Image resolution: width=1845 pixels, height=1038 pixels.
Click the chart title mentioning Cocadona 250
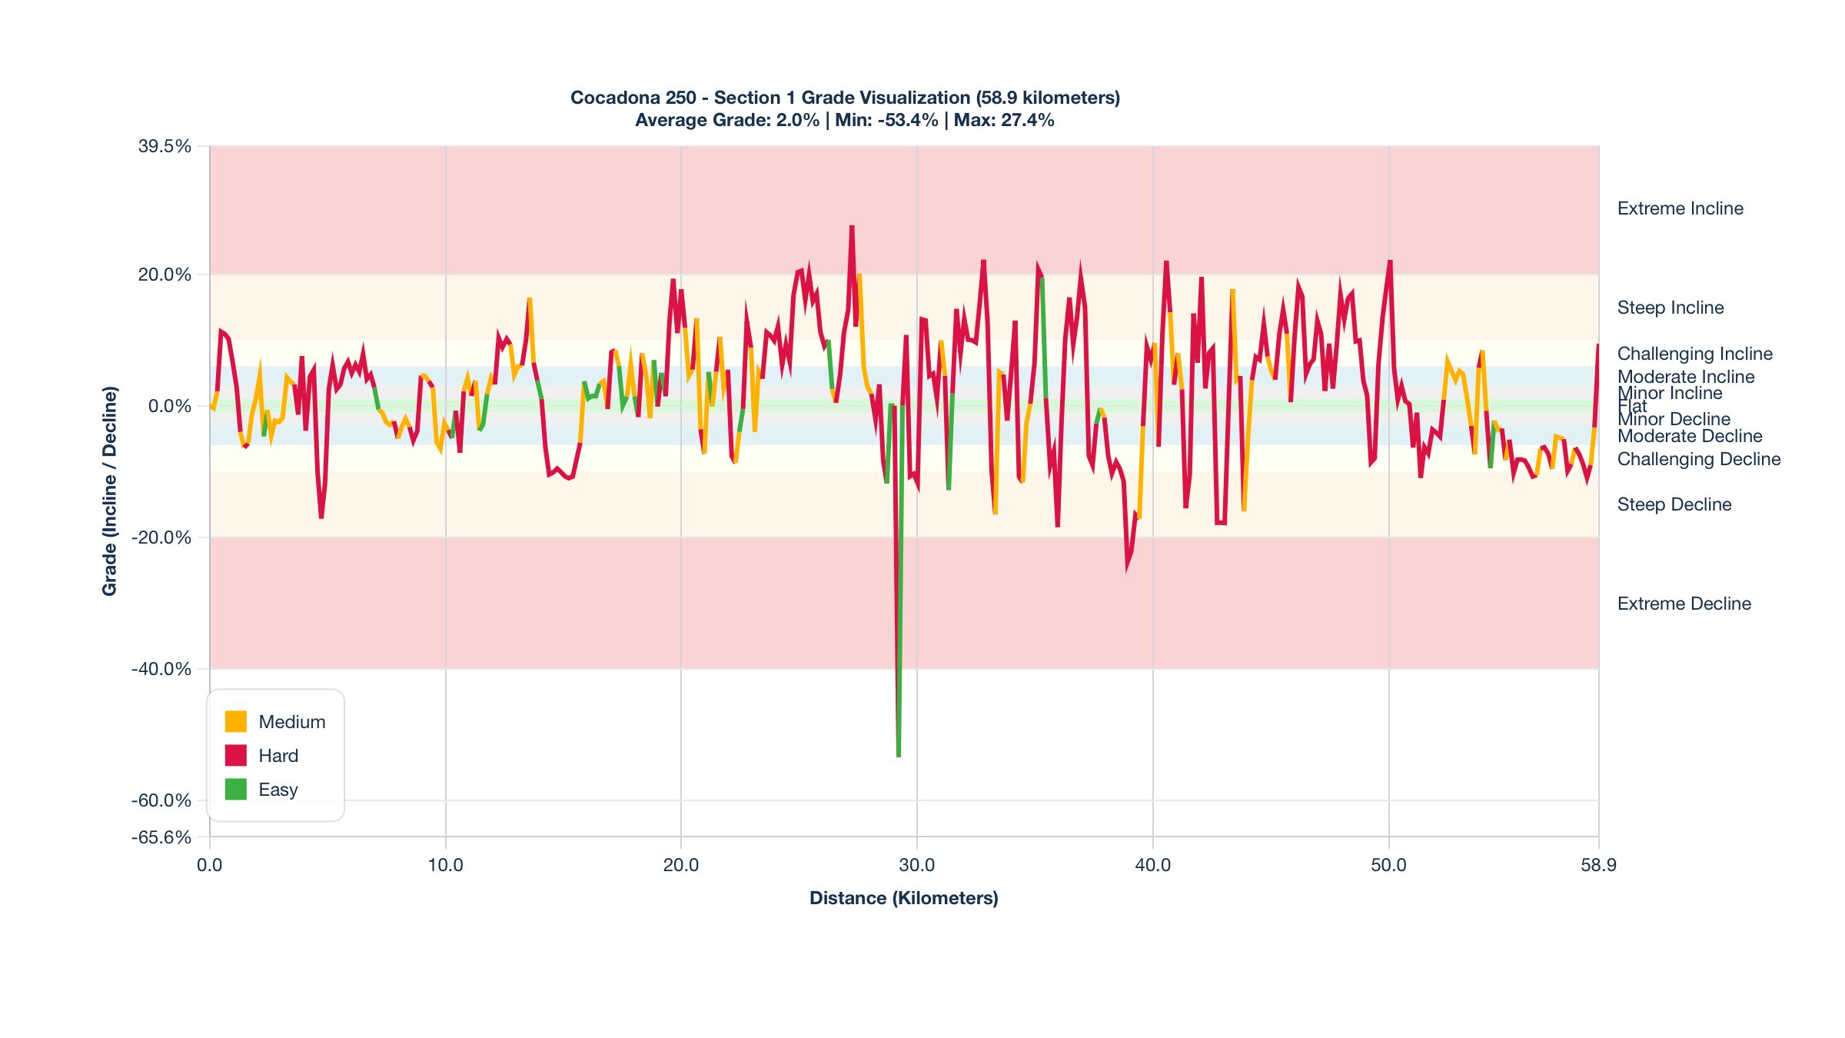[x=845, y=98]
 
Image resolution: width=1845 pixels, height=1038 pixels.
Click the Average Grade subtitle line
[x=845, y=121]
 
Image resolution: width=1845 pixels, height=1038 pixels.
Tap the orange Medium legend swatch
[x=236, y=722]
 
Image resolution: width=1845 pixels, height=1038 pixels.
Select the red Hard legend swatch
[x=236, y=756]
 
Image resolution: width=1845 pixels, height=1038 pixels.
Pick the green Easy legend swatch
[x=236, y=790]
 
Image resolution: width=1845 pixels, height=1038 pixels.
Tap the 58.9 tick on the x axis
[x=1598, y=866]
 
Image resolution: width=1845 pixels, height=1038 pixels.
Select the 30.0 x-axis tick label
[x=917, y=866]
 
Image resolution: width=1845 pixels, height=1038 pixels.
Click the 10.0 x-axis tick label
[x=445, y=866]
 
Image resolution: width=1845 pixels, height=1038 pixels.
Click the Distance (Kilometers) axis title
[x=904, y=898]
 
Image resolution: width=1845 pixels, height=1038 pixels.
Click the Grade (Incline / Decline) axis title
[x=110, y=491]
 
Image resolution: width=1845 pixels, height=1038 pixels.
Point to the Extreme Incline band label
[x=1680, y=209]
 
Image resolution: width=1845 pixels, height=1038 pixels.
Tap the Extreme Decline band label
[x=1684, y=604]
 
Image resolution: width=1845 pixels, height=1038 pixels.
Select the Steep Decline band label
[x=1674, y=505]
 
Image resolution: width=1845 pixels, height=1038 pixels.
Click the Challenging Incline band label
[x=1694, y=354]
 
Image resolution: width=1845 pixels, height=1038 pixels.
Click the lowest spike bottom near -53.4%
[x=899, y=756]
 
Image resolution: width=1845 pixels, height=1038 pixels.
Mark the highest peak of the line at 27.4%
[x=852, y=227]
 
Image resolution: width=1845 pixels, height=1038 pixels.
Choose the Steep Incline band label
[x=1670, y=308]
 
